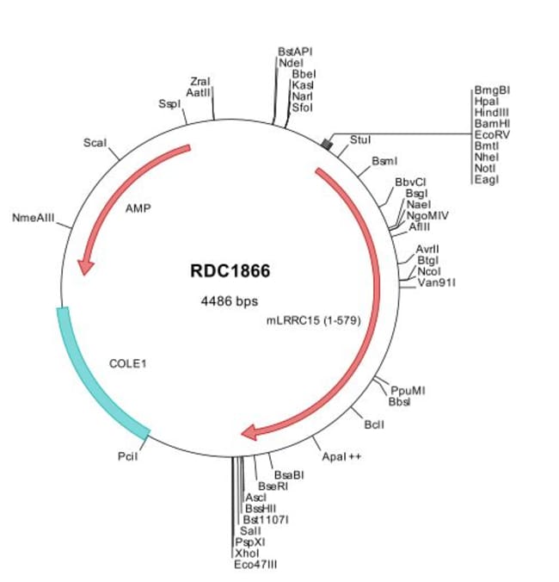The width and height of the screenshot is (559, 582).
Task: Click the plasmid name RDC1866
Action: (230, 271)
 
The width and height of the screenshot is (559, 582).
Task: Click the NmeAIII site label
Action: (34, 219)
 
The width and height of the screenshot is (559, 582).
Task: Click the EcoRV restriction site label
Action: (492, 134)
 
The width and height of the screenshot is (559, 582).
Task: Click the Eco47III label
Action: (255, 564)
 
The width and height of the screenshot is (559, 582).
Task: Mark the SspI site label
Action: (169, 103)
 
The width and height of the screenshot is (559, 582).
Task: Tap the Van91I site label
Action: (437, 282)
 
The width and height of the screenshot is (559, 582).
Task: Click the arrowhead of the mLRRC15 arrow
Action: (249, 431)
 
